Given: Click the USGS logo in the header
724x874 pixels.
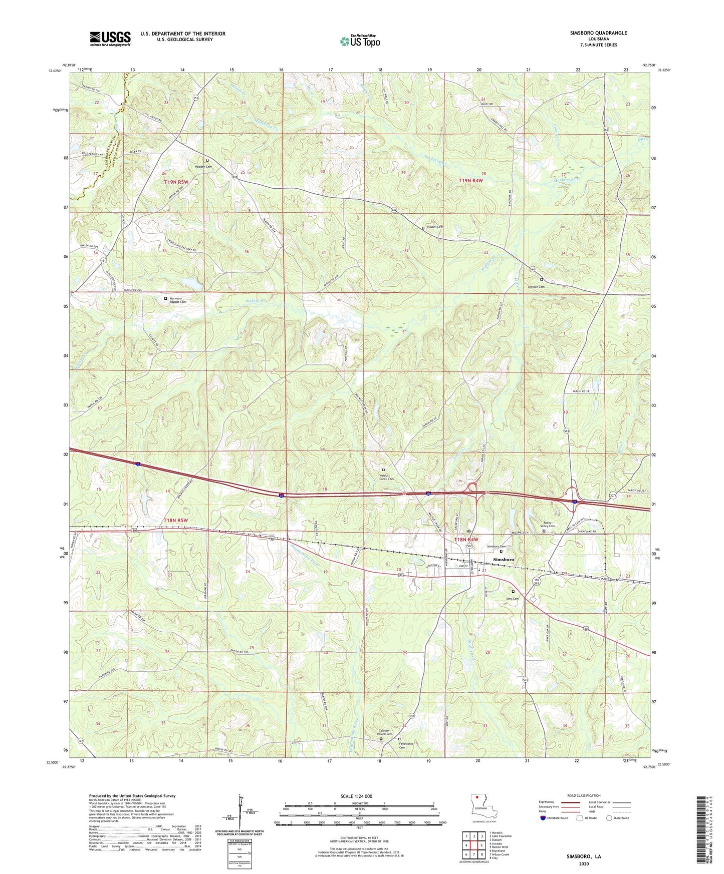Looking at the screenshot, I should [110, 39].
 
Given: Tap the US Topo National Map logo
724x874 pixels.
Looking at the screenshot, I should [359, 41].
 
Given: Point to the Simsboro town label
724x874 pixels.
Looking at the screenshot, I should [504, 559].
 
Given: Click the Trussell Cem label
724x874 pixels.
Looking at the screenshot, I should [434, 227].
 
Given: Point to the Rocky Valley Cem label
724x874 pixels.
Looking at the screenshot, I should [548, 524].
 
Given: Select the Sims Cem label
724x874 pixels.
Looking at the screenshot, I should [513, 599].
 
